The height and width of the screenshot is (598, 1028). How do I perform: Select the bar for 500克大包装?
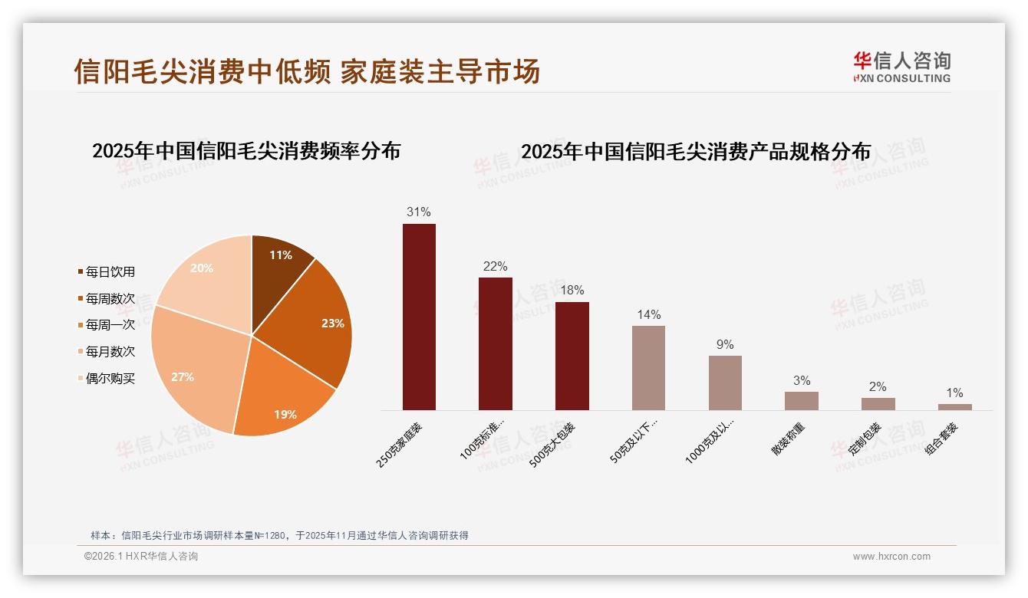click(572, 356)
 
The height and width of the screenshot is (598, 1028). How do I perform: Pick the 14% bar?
click(648, 368)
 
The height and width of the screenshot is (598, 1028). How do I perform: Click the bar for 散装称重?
click(801, 401)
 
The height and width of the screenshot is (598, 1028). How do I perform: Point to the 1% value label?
click(954, 393)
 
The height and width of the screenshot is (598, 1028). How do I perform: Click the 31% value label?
click(419, 212)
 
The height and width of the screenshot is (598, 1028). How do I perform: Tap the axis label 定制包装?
click(865, 440)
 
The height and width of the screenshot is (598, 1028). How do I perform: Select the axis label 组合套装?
click(941, 440)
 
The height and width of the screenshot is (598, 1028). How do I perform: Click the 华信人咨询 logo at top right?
click(901, 67)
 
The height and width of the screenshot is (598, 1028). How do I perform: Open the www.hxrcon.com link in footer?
click(891, 557)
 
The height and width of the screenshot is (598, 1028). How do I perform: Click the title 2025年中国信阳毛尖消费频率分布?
click(246, 151)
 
